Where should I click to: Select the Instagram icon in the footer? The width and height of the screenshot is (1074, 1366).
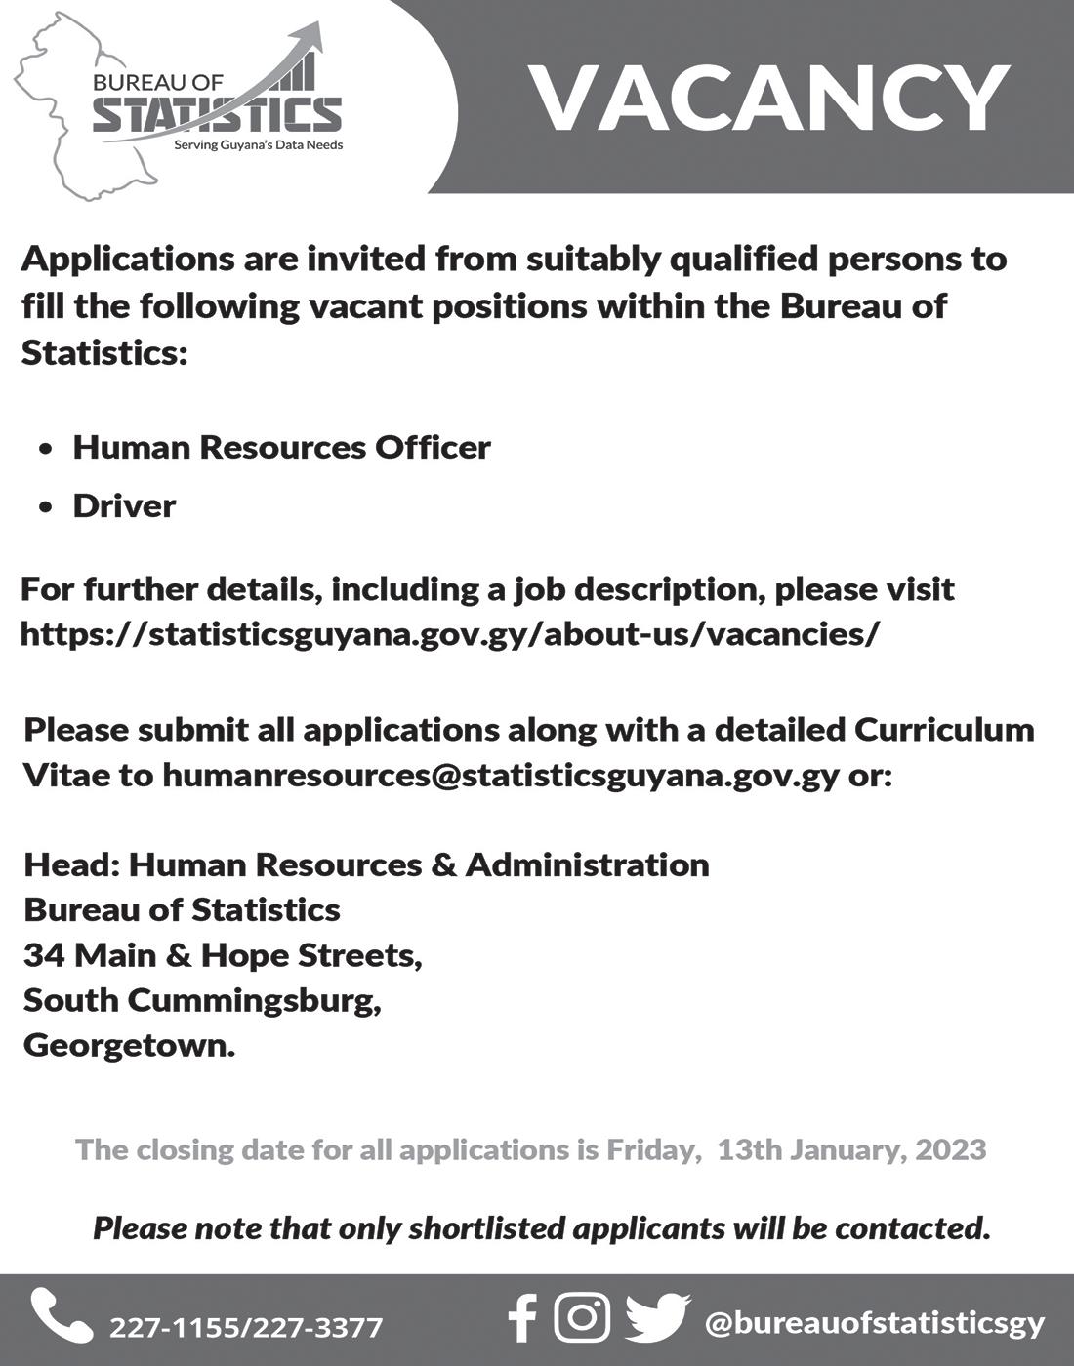click(583, 1318)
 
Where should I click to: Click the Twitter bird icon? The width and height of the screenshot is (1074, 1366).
click(658, 1318)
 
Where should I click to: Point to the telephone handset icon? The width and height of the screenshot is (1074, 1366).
click(62, 1316)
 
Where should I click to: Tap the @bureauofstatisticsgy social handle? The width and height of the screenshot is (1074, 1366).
click(875, 1323)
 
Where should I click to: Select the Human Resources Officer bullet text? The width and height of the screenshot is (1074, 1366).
click(281, 447)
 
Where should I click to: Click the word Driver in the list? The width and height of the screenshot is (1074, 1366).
click(124, 505)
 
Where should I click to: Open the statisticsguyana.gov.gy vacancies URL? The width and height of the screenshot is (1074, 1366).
click(449, 635)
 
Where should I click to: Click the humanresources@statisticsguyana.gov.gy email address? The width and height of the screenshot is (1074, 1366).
click(500, 776)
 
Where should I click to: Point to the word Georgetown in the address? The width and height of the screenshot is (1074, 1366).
click(129, 1045)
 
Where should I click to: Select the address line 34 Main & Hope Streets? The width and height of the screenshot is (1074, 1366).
click(223, 954)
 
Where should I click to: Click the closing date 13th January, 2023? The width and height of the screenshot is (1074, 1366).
click(851, 1149)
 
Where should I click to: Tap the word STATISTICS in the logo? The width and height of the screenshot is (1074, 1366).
click(217, 116)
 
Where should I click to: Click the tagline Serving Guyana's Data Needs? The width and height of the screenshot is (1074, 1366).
click(258, 145)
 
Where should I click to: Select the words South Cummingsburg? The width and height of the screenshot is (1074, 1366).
click(201, 1000)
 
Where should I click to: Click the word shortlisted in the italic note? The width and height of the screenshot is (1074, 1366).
click(487, 1227)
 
